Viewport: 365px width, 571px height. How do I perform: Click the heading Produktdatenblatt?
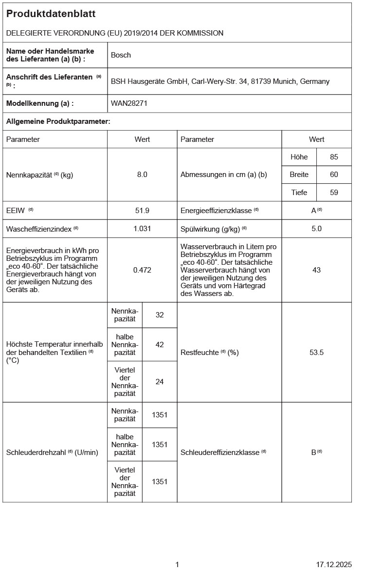pyautogui.click(x=51, y=14)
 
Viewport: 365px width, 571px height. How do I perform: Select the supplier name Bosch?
pyautogui.click(x=121, y=55)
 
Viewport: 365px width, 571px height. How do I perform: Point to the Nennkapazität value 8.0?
pyautogui.click(x=142, y=175)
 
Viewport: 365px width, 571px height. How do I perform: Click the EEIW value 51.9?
pyautogui.click(x=142, y=210)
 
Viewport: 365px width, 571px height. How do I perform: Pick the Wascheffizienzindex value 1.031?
pyautogui.click(x=142, y=228)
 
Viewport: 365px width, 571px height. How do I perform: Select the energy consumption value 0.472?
pyautogui.click(x=142, y=270)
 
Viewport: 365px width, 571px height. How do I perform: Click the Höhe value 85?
pyautogui.click(x=334, y=157)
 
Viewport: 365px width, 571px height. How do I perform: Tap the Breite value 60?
pyautogui.click(x=334, y=175)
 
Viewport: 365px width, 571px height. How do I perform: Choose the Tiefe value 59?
pyautogui.click(x=334, y=193)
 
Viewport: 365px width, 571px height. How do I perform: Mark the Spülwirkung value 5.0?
pyautogui.click(x=316, y=228)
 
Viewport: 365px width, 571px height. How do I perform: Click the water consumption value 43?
pyautogui.click(x=316, y=270)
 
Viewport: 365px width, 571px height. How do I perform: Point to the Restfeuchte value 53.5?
pyautogui.click(x=316, y=352)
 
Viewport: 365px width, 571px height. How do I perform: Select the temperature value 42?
pyautogui.click(x=160, y=344)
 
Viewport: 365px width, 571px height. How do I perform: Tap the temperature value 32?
pyautogui.click(x=160, y=315)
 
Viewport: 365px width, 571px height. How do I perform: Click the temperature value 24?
pyautogui.click(x=160, y=381)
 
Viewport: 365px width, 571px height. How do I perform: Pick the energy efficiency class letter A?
pyautogui.click(x=314, y=211)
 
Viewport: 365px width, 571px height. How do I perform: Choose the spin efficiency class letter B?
pyautogui.click(x=314, y=452)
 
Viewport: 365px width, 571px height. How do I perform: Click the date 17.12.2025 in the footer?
pyautogui.click(x=333, y=564)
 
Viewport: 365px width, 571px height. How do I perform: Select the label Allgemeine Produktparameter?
pyautogui.click(x=58, y=121)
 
